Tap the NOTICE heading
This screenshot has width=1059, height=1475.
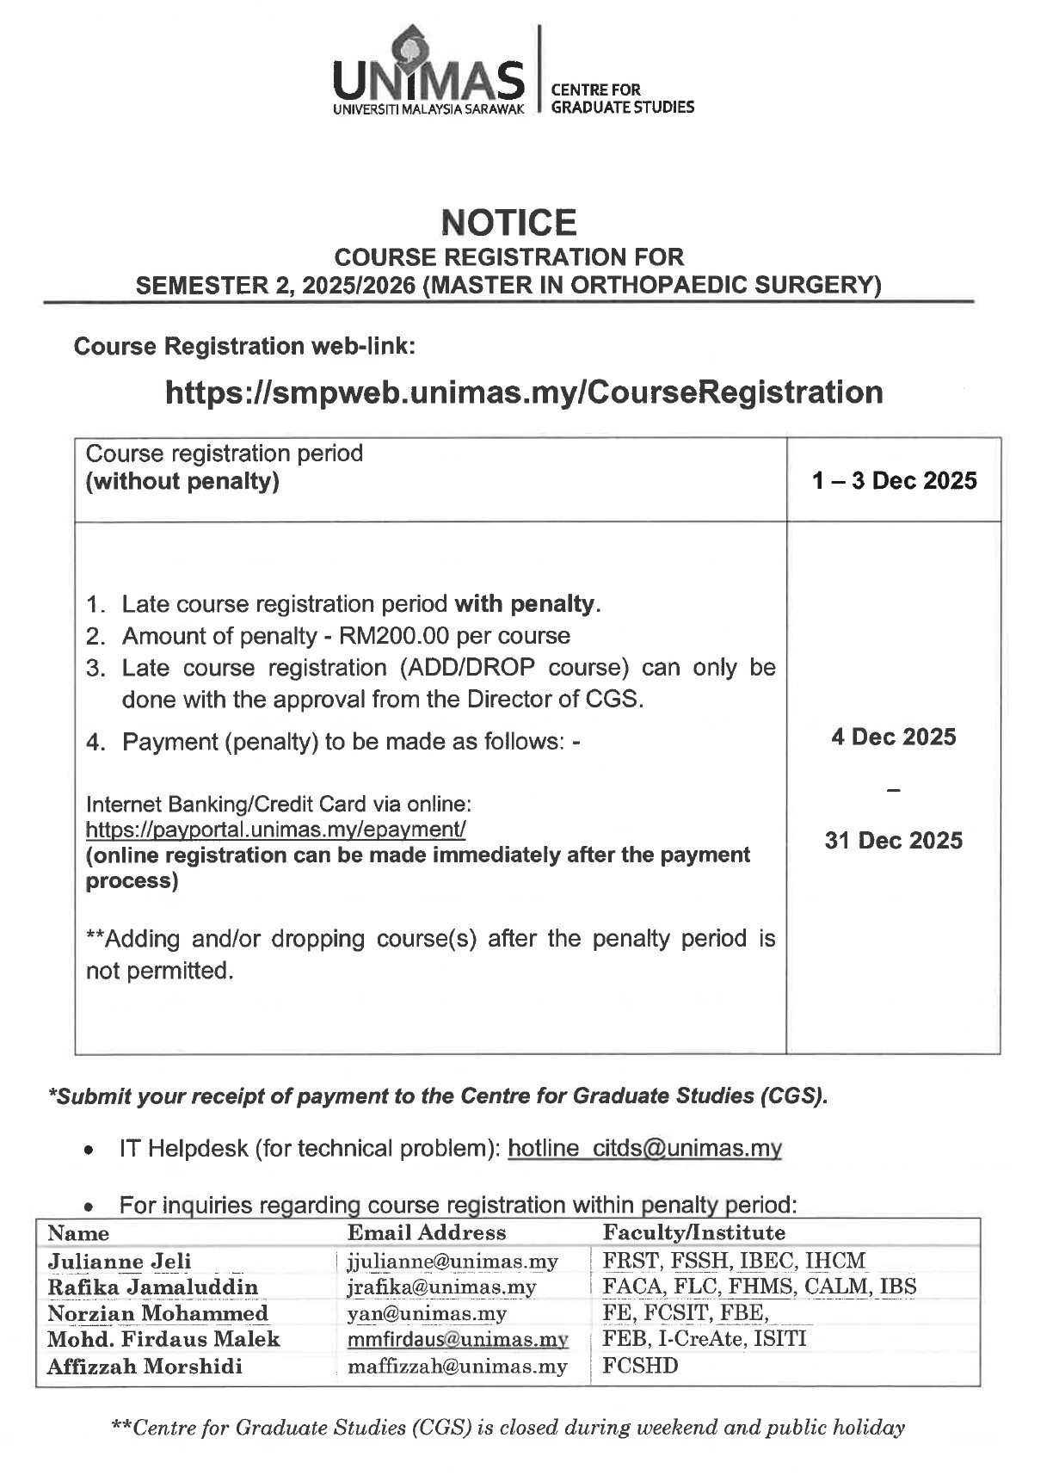pos(508,223)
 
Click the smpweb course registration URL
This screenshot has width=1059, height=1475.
pos(524,392)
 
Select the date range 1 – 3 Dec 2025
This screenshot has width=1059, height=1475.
pos(894,480)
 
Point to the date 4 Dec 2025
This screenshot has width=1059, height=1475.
pos(893,737)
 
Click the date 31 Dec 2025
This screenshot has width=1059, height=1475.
pos(893,840)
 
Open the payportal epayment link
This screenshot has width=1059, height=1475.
pos(275,830)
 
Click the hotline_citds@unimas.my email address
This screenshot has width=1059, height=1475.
pos(644,1148)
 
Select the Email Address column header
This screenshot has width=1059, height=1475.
pos(426,1232)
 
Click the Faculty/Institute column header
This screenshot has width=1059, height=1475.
pos(693,1232)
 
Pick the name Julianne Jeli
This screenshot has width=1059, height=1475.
pos(120,1262)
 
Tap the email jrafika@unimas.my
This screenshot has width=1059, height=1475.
pos(441,1287)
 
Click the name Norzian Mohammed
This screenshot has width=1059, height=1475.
pos(157,1313)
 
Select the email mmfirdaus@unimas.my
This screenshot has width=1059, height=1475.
pos(457,1340)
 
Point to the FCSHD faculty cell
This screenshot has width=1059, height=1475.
pos(640,1366)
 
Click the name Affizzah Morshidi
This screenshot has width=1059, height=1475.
pos(145,1367)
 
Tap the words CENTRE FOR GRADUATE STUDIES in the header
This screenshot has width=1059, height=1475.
pos(621,98)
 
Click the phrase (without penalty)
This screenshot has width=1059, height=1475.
pos(182,481)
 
